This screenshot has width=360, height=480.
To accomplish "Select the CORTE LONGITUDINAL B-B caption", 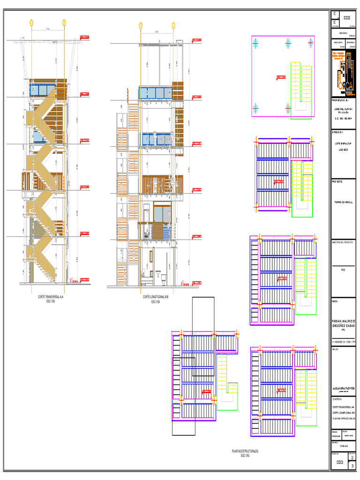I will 155,297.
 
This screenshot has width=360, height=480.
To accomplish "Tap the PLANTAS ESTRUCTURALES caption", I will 245,451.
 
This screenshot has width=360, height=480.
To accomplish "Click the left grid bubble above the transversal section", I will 31,22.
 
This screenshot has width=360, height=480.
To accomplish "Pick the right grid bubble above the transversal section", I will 64,22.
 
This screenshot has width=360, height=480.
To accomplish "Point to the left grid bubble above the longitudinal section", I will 140,25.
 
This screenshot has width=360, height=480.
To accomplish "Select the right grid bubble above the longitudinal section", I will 173,25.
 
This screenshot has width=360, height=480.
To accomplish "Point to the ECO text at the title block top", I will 346,18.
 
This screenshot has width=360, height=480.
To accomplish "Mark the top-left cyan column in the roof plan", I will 256,43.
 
